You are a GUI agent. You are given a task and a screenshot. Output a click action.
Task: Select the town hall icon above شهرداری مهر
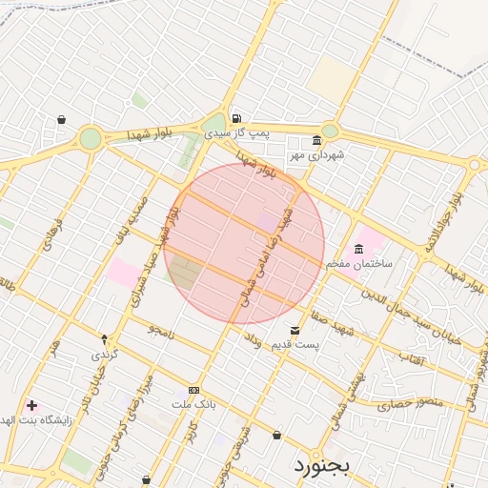tap(316, 140)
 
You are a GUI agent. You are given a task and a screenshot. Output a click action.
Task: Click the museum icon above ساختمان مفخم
tap(358, 250)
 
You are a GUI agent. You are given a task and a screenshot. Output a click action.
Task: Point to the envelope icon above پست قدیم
tap(295, 331)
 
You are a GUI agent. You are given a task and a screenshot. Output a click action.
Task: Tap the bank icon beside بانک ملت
tap(194, 390)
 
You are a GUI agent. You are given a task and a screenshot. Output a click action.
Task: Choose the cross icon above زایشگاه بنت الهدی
tap(31, 405)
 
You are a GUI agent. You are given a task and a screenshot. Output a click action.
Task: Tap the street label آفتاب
tap(411, 359)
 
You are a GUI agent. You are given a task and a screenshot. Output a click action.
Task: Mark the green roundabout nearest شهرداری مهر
tap(330, 131)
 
